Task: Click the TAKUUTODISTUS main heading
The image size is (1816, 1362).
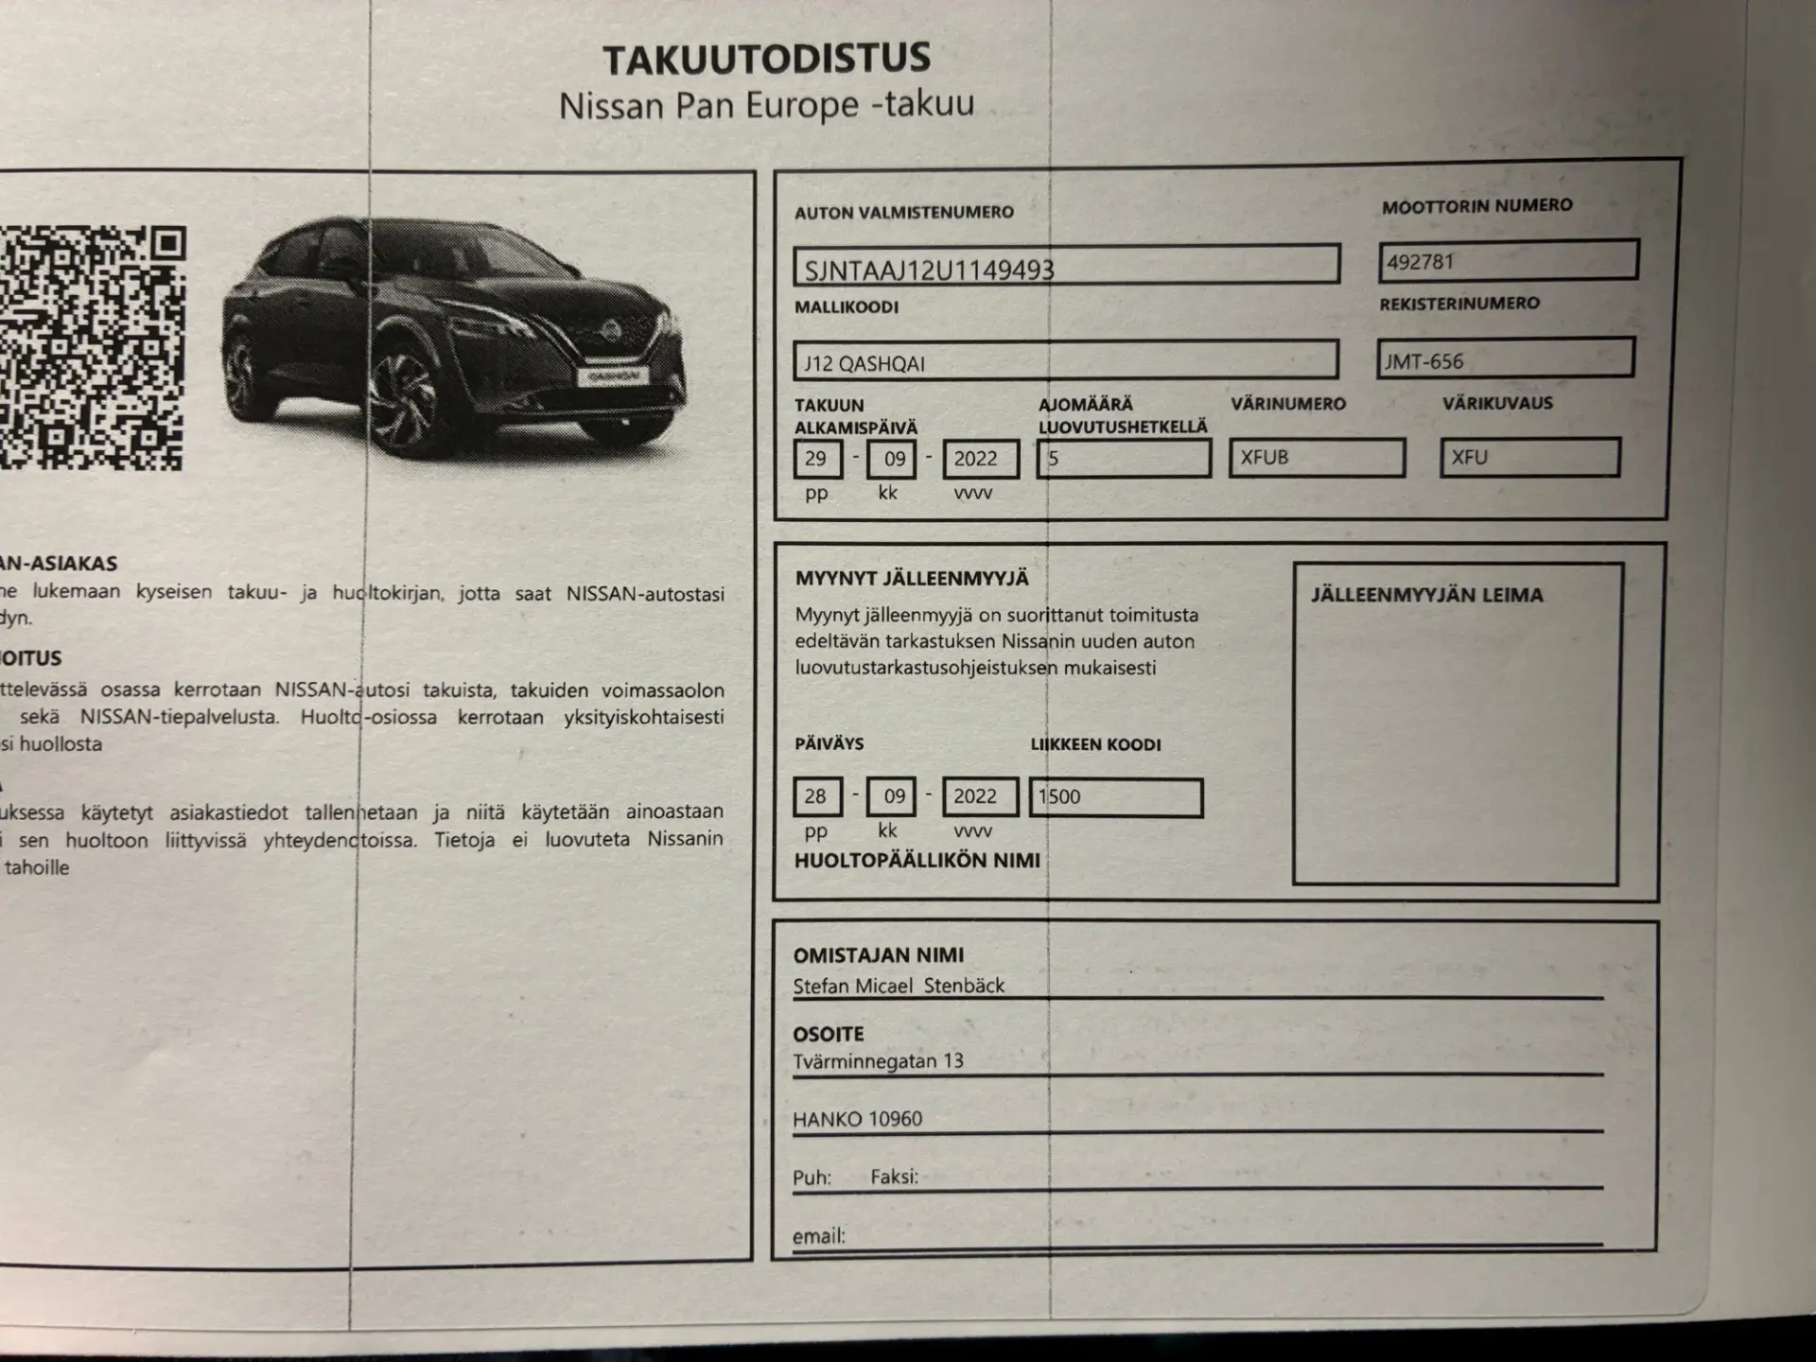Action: pyautogui.click(x=766, y=59)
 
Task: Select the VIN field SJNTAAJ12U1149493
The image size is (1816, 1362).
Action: pyautogui.click(x=1066, y=266)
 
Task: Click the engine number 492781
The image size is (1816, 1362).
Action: pyautogui.click(x=1508, y=260)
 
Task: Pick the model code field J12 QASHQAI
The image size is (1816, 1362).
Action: pyautogui.click(x=1065, y=361)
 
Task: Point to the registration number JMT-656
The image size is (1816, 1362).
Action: pyautogui.click(x=1505, y=359)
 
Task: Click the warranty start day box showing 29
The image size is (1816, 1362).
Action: pyautogui.click(x=816, y=460)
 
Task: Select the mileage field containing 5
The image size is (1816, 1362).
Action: pyautogui.click(x=1123, y=460)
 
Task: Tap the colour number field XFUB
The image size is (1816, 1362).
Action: pyautogui.click(x=1316, y=459)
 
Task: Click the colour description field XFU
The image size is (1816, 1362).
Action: pyautogui.click(x=1528, y=458)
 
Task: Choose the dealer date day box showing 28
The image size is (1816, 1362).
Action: pyautogui.click(x=816, y=796)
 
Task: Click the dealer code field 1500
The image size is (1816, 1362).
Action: pyautogui.click(x=1115, y=797)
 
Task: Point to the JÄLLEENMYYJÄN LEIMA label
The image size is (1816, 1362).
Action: pyautogui.click(x=1426, y=595)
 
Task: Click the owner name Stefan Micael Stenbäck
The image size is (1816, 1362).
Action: pyautogui.click(x=899, y=986)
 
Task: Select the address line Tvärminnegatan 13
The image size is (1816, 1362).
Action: pyautogui.click(x=878, y=1061)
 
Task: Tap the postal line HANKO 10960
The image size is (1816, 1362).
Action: pyautogui.click(x=857, y=1119)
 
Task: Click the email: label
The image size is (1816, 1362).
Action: pyautogui.click(x=818, y=1236)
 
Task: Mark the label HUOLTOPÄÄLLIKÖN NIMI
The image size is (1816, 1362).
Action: pyautogui.click(x=917, y=861)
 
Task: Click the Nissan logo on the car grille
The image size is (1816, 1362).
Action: pyautogui.click(x=611, y=331)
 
